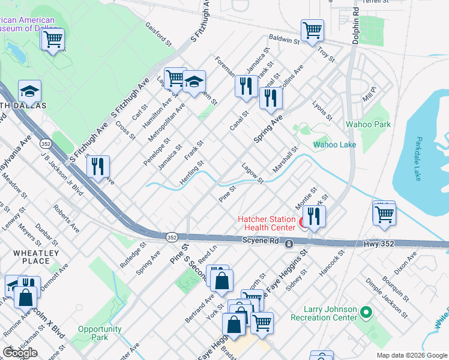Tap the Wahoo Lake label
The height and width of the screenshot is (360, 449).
[x=335, y=145]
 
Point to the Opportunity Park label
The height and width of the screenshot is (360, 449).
[x=100, y=334]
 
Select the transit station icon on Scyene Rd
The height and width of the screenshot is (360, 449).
[x=289, y=244]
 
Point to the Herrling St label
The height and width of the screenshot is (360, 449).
[x=192, y=172]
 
